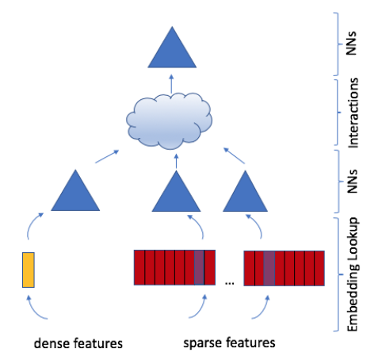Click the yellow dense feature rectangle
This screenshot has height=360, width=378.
[x=29, y=270]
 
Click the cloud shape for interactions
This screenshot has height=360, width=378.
[x=169, y=121]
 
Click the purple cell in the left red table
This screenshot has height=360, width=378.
[x=199, y=267]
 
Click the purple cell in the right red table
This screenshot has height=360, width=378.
[x=269, y=268]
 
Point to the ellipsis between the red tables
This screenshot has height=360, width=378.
[x=229, y=283]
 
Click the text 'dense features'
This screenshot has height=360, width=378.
[x=78, y=343]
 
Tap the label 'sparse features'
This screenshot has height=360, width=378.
[x=229, y=343]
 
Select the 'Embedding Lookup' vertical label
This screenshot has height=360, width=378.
[x=353, y=274]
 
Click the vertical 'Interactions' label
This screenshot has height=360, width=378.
[x=353, y=113]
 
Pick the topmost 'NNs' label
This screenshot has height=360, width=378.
[x=351, y=44]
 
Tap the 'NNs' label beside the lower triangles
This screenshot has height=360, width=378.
[x=352, y=182]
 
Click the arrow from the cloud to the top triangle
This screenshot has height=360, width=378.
[x=171, y=84]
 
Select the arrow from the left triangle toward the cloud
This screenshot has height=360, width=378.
[x=107, y=156]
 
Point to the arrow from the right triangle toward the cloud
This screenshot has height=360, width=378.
[x=235, y=155]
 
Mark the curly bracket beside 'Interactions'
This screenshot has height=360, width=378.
[x=337, y=113]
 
